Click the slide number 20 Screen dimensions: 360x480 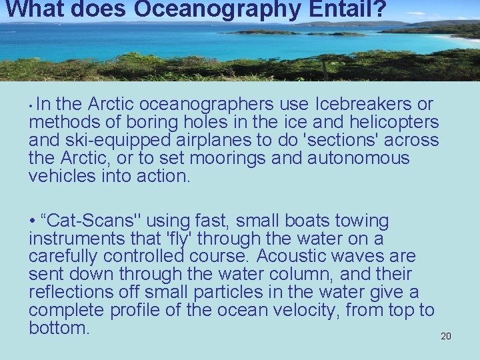446,336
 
